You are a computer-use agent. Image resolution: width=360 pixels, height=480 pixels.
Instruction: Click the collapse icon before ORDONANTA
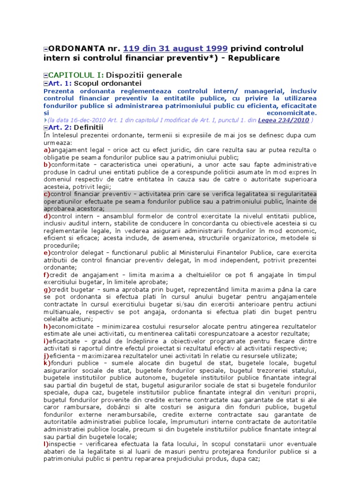click(45, 49)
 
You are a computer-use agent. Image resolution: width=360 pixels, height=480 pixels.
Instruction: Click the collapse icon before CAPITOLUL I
click(45, 75)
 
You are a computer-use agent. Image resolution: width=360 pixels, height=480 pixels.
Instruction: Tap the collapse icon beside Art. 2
click(45, 127)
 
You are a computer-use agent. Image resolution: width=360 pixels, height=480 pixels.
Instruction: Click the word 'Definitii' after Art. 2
click(89, 127)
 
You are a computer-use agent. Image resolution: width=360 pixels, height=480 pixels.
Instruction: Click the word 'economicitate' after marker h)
click(72, 326)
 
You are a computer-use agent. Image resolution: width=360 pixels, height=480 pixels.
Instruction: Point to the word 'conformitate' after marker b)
click(72, 165)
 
